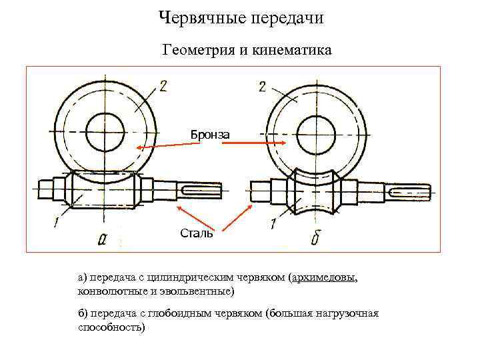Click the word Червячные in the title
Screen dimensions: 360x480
tap(198, 18)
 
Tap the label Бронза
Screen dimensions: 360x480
tap(210, 135)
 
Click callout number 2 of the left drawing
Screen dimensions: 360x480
tap(163, 84)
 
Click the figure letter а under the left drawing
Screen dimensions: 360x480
tap(102, 239)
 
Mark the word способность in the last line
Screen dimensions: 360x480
tap(109, 327)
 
